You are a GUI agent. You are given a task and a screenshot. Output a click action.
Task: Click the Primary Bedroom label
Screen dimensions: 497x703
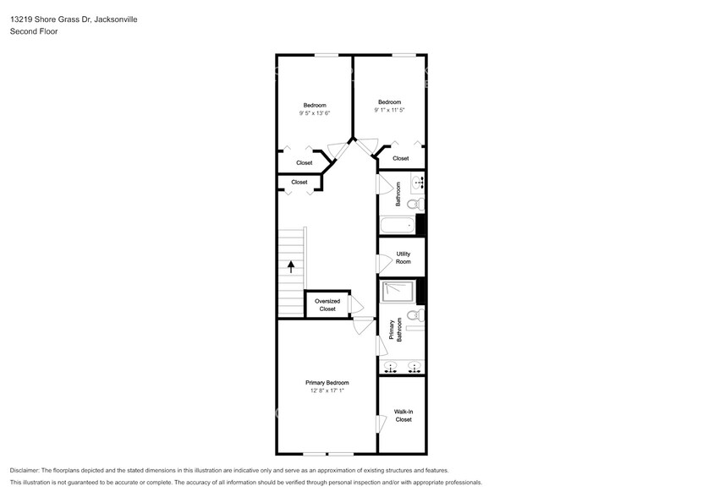point(327,383)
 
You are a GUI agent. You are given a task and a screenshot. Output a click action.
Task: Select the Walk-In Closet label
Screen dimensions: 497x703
point(403,416)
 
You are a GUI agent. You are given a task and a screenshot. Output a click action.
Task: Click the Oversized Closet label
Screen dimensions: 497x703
point(327,305)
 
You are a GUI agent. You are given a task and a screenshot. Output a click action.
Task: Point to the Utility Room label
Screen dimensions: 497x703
point(403,258)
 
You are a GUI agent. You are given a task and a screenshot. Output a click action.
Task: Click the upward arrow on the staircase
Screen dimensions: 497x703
point(290,266)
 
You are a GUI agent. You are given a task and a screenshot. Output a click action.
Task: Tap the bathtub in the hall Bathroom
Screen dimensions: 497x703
point(398,225)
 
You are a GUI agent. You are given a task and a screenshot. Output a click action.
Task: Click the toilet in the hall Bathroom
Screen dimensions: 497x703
point(415,204)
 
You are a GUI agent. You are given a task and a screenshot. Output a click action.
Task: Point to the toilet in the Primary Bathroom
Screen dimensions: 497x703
point(414,315)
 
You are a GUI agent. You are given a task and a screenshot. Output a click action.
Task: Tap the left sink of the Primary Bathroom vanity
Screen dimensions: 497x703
point(391,367)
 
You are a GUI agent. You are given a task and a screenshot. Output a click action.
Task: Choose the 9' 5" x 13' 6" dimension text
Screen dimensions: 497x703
point(314,113)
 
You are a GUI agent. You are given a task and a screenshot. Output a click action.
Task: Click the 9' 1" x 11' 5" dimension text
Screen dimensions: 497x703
point(389,110)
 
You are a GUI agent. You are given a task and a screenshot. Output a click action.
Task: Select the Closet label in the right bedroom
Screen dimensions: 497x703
point(400,158)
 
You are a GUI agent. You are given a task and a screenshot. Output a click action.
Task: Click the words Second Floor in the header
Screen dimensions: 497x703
point(31,31)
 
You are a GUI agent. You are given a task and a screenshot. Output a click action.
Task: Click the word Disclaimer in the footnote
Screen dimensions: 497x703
point(26,470)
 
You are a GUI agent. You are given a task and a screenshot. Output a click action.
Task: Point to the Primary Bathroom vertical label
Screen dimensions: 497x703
point(395,330)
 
